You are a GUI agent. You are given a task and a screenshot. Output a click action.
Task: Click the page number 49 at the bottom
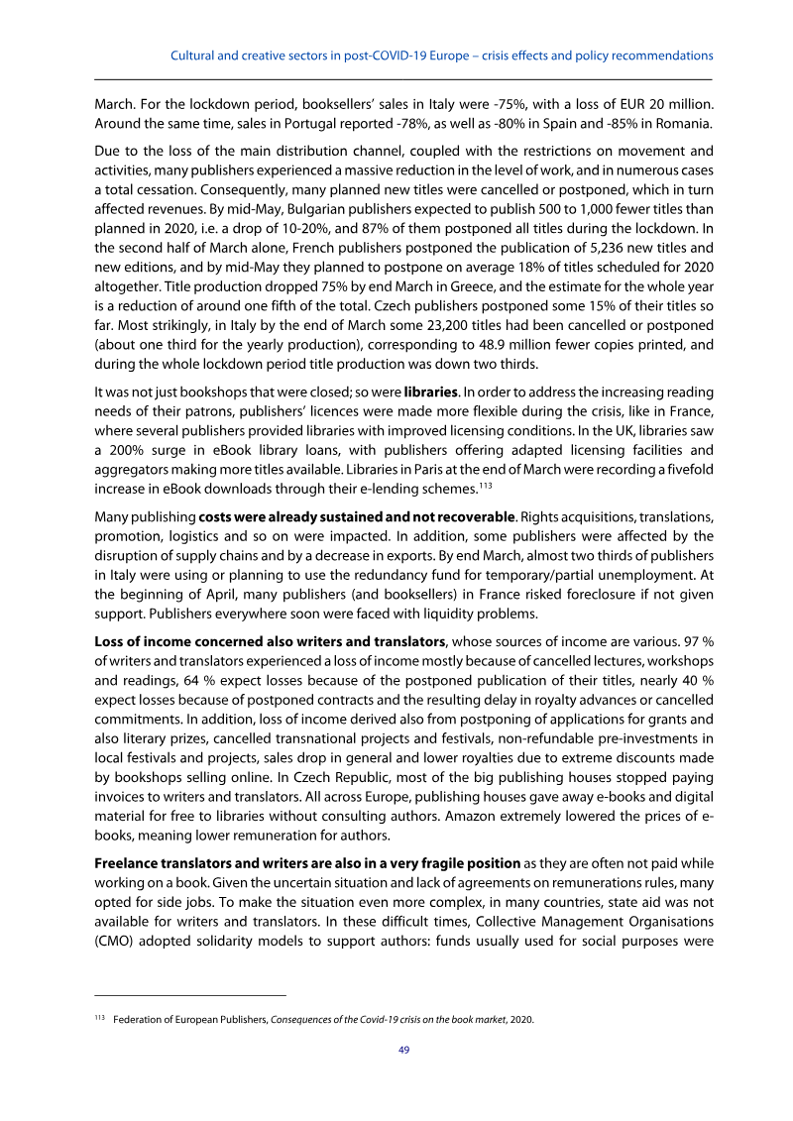[x=403, y=1051]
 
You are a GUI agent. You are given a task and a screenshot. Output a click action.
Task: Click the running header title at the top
[x=442, y=55]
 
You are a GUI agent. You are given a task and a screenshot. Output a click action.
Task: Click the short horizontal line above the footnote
[x=189, y=993]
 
